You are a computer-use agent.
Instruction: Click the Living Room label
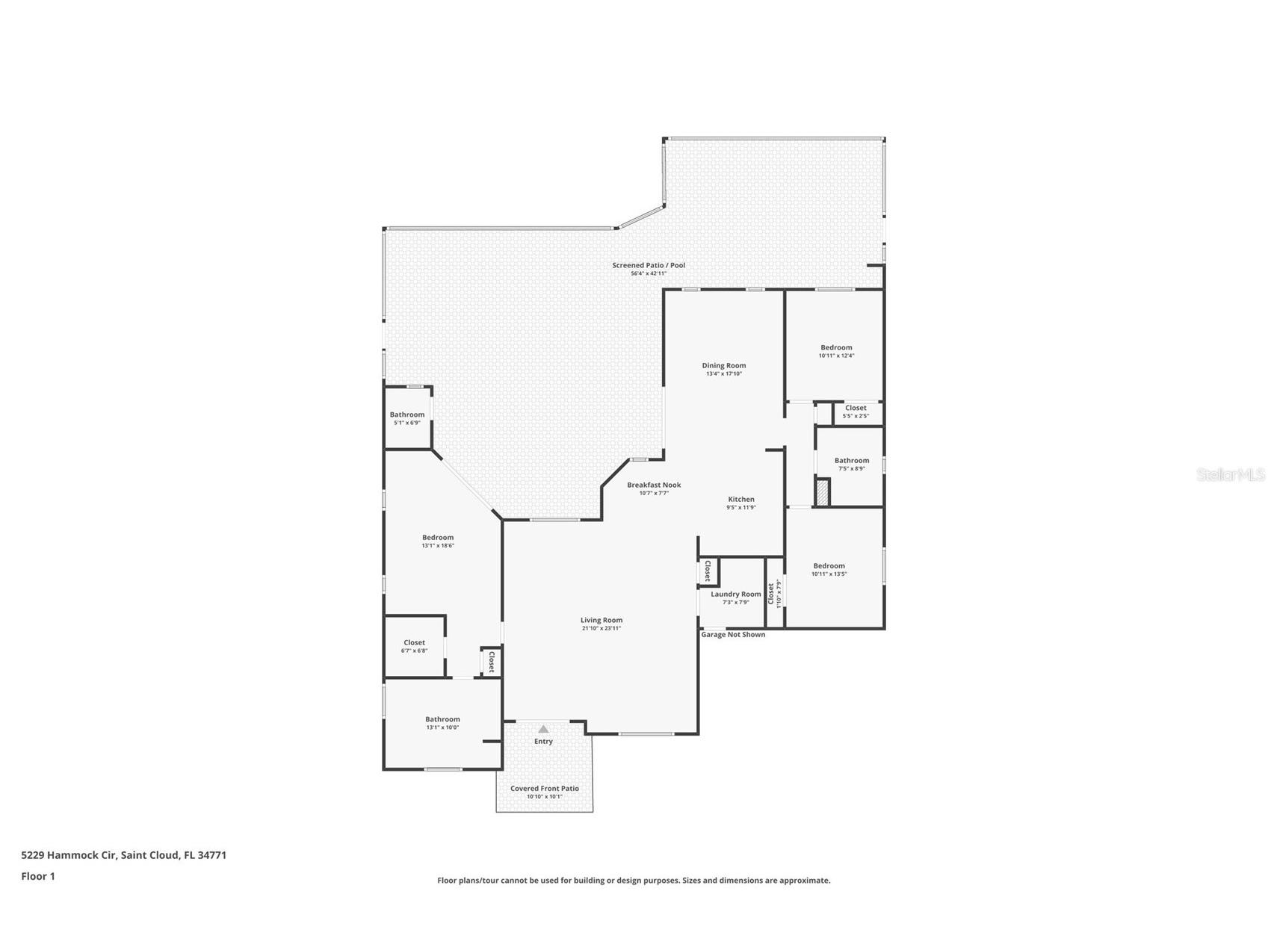(601, 620)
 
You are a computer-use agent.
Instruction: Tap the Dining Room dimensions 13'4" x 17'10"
(723, 373)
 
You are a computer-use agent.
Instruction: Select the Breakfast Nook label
(653, 485)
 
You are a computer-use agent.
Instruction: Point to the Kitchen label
(740, 499)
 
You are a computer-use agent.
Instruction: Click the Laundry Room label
(735, 594)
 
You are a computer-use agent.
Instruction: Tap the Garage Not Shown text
(732, 635)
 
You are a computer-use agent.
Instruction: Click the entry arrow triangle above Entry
(543, 729)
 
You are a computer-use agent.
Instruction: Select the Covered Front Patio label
(544, 789)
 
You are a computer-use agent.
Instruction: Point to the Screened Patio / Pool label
(648, 265)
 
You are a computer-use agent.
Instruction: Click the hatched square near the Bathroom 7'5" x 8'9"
(822, 493)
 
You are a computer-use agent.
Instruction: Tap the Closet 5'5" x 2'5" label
(856, 408)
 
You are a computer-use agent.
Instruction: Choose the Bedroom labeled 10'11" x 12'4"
(836, 347)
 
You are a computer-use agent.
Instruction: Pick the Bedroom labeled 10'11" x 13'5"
(829, 566)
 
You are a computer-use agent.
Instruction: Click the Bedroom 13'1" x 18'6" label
(437, 538)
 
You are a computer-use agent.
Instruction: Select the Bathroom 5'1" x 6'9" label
(406, 415)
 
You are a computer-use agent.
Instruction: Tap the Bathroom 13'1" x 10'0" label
(442, 719)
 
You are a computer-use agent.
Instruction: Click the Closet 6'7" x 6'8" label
(414, 642)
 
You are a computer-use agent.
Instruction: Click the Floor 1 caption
(37, 876)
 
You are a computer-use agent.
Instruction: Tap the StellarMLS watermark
(1230, 474)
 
